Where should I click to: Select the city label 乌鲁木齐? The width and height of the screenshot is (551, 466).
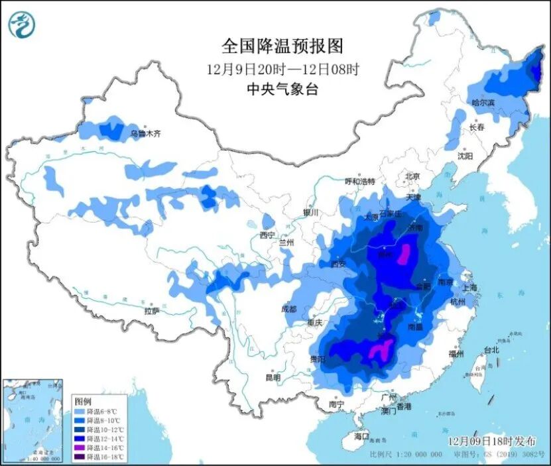[145, 133]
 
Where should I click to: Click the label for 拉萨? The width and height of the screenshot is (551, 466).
[152, 310]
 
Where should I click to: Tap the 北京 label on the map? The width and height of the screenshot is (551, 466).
[412, 176]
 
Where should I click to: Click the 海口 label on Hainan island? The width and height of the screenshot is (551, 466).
[361, 436]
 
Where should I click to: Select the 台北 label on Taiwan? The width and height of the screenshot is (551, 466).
[491, 349]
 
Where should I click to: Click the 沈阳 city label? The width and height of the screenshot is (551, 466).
[465, 156]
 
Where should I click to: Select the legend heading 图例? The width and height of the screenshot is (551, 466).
[82, 402]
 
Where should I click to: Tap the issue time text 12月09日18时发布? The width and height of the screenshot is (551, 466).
[488, 441]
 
